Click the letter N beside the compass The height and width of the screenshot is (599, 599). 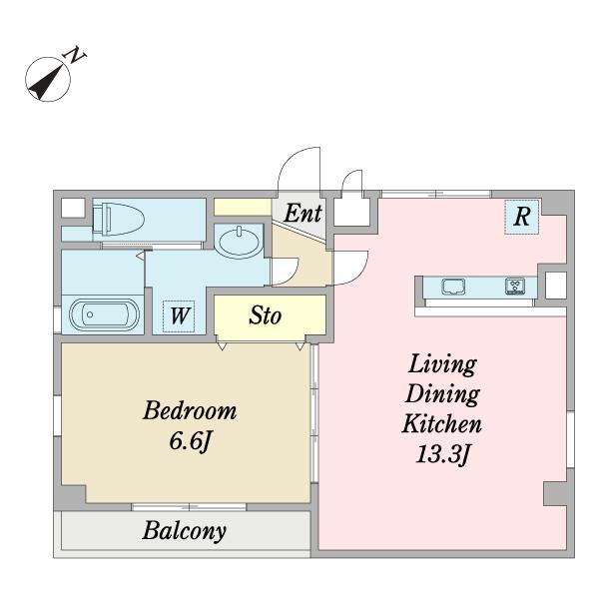tap(76, 55)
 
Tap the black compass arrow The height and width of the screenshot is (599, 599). tap(47, 82)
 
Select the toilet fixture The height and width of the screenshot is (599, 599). tap(119, 219)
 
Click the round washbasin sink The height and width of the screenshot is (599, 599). tap(239, 242)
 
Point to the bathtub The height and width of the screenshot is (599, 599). tap(104, 314)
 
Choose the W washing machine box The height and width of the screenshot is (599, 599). tap(179, 316)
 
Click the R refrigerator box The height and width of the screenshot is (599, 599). tap(522, 217)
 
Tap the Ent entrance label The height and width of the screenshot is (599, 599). tap(302, 214)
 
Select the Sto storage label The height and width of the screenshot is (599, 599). tap(266, 315)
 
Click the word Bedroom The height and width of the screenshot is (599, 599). tap(190, 410)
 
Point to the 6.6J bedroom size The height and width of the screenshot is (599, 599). tap(190, 442)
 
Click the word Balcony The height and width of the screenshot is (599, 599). tap(185, 531)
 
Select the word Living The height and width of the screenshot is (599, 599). tap(442, 364)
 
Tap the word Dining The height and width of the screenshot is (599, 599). tap(442, 394)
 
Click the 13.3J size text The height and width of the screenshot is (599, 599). tap(442, 454)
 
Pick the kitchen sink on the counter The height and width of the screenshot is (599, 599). tap(453, 287)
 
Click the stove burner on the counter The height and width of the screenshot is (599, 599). tap(515, 287)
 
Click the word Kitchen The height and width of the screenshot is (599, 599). tap(441, 424)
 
